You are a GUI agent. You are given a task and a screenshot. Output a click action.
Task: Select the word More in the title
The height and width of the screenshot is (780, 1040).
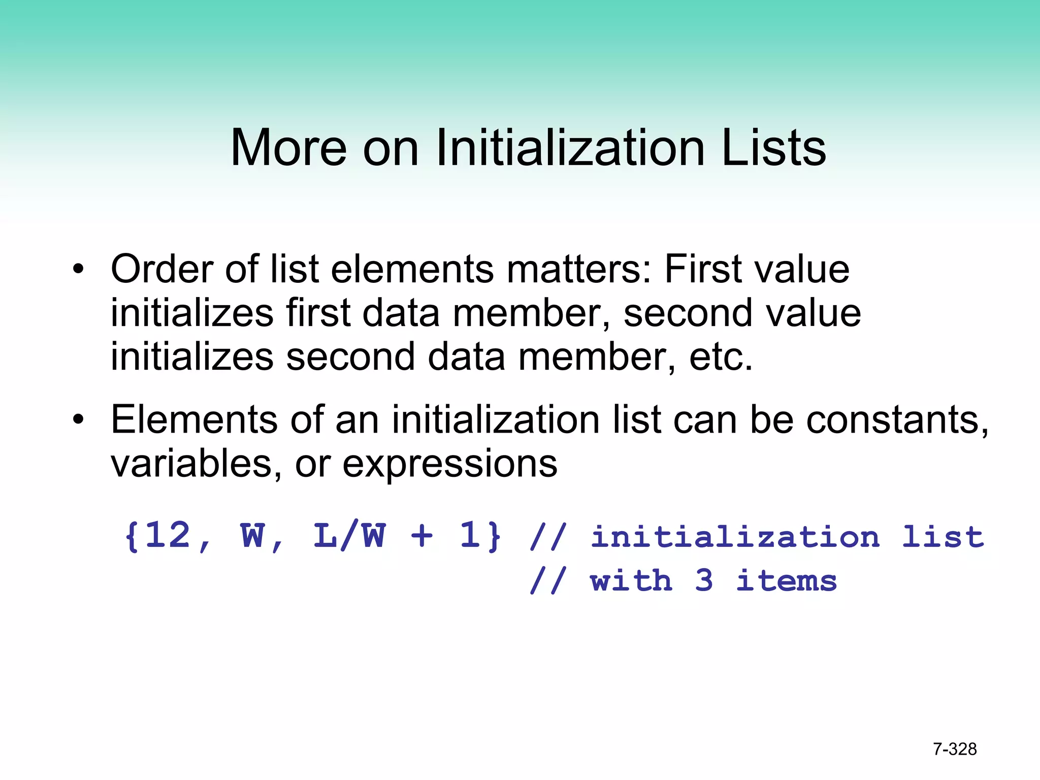288,148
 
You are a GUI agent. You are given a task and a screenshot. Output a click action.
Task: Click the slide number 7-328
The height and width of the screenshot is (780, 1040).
955,749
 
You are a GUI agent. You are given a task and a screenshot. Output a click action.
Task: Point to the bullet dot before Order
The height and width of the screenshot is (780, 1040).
78,269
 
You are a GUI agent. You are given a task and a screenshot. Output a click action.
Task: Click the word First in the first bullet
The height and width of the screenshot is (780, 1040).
703,269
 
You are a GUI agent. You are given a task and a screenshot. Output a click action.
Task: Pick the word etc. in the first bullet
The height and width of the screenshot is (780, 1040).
721,356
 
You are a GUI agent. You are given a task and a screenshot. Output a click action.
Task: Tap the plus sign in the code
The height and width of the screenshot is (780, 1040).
422,536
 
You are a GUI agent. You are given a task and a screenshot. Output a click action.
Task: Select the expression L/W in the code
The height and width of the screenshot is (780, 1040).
349,536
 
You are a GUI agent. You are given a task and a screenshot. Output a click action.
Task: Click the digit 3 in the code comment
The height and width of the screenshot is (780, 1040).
704,580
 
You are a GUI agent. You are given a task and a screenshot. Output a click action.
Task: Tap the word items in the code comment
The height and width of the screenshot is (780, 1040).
787,580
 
